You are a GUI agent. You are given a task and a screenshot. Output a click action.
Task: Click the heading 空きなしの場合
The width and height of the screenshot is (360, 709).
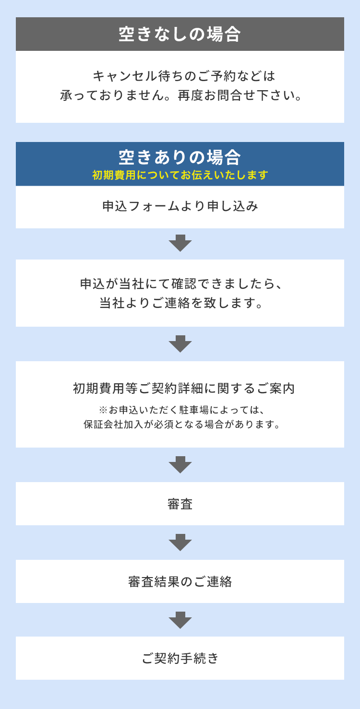(x=180, y=35)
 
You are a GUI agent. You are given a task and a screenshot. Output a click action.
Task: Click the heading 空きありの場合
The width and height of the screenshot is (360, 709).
(x=180, y=157)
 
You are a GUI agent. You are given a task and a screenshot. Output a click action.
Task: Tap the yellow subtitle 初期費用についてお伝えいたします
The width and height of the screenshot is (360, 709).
(x=180, y=175)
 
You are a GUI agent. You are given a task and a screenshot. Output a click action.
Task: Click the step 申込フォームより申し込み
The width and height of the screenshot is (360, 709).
(x=180, y=206)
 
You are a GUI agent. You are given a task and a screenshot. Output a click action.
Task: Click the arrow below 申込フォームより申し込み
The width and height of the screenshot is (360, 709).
(x=180, y=243)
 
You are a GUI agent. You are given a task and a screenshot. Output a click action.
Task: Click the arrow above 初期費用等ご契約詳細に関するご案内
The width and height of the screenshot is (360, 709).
(x=180, y=344)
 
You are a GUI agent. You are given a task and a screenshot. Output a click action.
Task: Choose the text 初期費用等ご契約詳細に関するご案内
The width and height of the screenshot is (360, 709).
(x=184, y=388)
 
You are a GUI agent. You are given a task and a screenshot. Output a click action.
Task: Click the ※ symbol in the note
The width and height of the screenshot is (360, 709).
(x=103, y=410)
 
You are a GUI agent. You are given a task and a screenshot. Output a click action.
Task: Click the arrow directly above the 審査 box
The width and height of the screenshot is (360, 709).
(x=180, y=465)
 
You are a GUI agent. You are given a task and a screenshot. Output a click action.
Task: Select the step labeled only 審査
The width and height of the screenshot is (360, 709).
(x=180, y=504)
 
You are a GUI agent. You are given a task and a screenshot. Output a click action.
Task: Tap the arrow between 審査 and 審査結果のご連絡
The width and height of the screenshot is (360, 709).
(x=180, y=543)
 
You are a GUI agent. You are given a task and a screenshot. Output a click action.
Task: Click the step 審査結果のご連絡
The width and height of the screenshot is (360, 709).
(x=180, y=582)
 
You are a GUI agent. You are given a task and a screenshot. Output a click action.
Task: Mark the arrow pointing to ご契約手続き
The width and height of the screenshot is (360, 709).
(x=180, y=620)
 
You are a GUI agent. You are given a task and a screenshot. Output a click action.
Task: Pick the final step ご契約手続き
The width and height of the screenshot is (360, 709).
(x=180, y=659)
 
